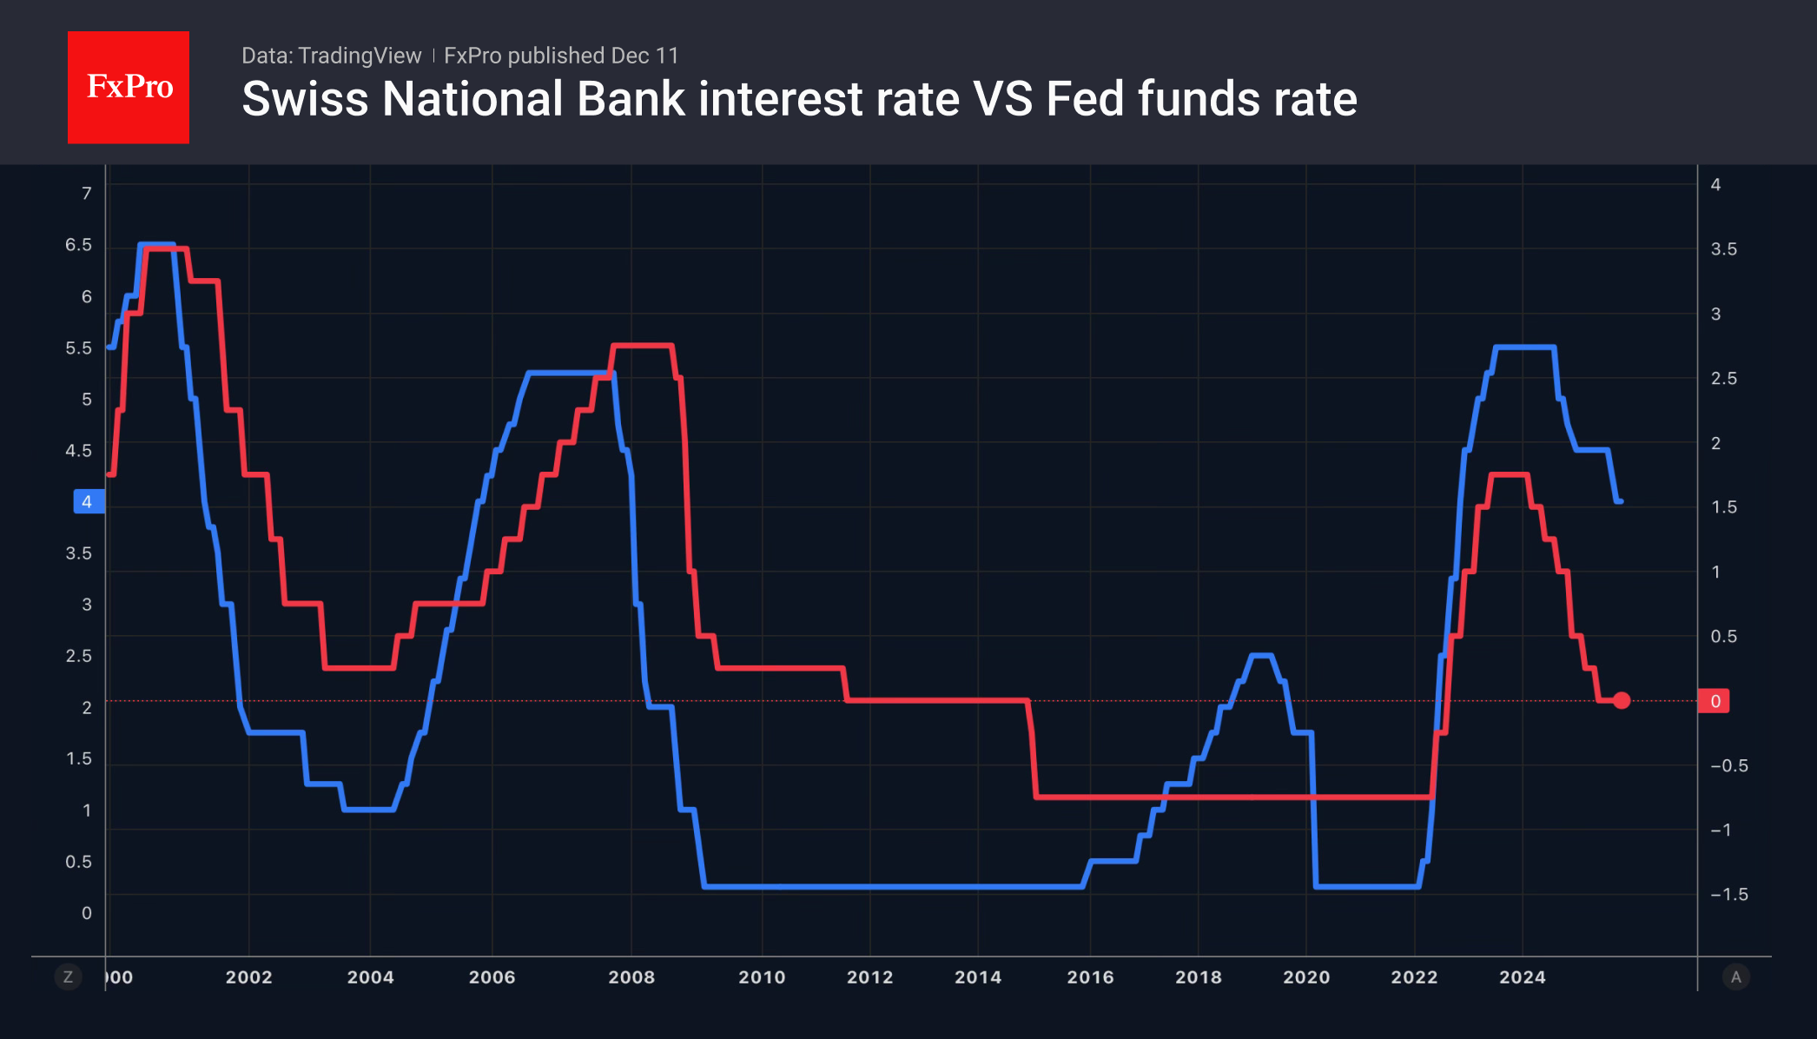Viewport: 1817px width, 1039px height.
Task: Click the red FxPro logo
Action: tap(129, 87)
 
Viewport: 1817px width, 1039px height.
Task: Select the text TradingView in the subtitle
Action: tap(359, 56)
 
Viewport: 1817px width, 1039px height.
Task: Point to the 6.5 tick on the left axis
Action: tap(78, 245)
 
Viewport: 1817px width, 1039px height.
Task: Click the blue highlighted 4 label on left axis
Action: tap(88, 502)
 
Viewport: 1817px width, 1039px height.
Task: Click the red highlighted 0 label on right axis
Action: tap(1715, 701)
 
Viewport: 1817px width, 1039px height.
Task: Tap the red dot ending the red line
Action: tap(1622, 700)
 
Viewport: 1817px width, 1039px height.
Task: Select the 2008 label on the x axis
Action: tap(631, 977)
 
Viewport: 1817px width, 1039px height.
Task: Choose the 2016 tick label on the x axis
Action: tap(1090, 977)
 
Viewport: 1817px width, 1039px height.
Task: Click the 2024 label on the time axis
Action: tap(1522, 977)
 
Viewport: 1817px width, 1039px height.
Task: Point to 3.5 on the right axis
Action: tap(1723, 249)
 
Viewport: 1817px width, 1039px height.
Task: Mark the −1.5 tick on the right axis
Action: tap(1728, 895)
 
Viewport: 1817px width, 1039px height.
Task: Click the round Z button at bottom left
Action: tap(68, 977)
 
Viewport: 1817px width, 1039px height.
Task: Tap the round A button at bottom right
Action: tap(1735, 977)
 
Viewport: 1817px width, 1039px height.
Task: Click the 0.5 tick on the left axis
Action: tap(78, 862)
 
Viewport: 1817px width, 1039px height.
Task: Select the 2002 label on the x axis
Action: tap(248, 977)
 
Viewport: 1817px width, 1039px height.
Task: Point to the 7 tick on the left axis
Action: tap(86, 193)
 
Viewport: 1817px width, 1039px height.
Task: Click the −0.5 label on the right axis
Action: tap(1728, 766)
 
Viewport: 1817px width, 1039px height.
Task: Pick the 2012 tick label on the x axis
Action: tap(869, 977)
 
